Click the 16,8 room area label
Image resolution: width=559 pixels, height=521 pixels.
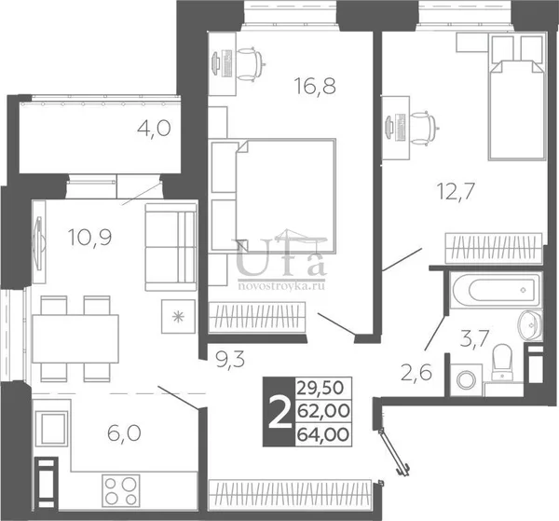point(315,87)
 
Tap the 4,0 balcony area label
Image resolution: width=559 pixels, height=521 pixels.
point(154,129)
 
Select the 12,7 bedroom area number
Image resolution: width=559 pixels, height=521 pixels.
point(456,191)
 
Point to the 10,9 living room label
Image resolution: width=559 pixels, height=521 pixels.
point(90,237)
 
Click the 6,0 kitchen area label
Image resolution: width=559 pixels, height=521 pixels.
point(124,433)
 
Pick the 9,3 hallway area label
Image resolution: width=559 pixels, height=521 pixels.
point(230,360)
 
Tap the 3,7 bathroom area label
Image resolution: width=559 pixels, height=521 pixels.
point(474,338)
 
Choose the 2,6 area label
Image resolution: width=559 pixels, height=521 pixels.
point(416,373)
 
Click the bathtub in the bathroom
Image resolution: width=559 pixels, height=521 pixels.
point(496,290)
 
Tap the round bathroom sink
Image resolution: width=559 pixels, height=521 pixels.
point(530,325)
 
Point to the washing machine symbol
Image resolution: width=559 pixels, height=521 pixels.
point(466,379)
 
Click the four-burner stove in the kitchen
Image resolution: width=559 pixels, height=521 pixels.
point(120,490)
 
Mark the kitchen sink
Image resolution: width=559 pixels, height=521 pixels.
point(52,428)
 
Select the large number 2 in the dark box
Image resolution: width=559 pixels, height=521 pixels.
point(279,412)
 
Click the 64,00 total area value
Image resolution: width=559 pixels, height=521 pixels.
point(323,434)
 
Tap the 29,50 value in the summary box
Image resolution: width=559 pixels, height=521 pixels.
point(320,388)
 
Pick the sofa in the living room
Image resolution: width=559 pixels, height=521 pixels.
point(171,247)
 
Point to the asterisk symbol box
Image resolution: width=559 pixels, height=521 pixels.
point(178,316)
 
